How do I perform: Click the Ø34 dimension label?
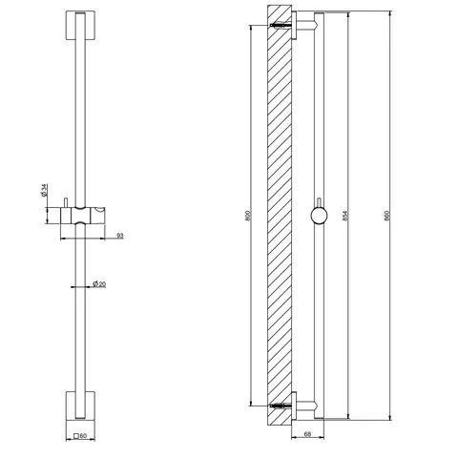[44, 190]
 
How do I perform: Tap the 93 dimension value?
[119, 236]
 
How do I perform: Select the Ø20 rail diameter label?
[99, 283]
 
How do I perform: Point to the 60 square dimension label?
[80, 436]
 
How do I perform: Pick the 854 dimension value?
[345, 216]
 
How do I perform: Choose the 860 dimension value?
[387, 216]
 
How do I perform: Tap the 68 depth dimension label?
[307, 434]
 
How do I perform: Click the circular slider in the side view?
[319, 216]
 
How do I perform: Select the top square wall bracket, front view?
[80, 26]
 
